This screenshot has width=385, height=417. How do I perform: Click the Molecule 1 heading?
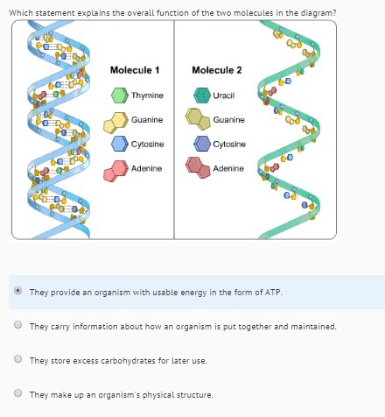[135, 70]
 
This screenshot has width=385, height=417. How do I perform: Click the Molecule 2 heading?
[217, 70]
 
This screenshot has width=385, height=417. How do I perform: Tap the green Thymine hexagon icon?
[120, 95]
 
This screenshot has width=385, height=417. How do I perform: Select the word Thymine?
[147, 95]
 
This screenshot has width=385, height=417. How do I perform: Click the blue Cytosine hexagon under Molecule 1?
[120, 144]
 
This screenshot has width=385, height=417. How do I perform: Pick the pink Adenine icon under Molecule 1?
[116, 171]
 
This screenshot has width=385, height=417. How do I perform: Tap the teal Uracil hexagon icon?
[202, 95]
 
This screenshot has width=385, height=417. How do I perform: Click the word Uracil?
[224, 95]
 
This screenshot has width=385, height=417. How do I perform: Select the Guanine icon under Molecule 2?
[198, 119]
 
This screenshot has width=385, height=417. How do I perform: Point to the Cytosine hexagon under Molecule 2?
[202, 144]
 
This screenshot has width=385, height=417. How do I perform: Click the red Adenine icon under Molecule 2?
[198, 167]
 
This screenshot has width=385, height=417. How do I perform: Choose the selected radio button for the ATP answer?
[18, 291]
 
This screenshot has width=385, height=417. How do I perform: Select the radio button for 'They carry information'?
[18, 324]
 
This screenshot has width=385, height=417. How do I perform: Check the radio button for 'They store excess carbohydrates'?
[18, 358]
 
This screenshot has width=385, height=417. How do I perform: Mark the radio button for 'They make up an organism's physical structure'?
[18, 392]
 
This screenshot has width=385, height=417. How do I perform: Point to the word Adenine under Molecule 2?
[228, 168]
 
